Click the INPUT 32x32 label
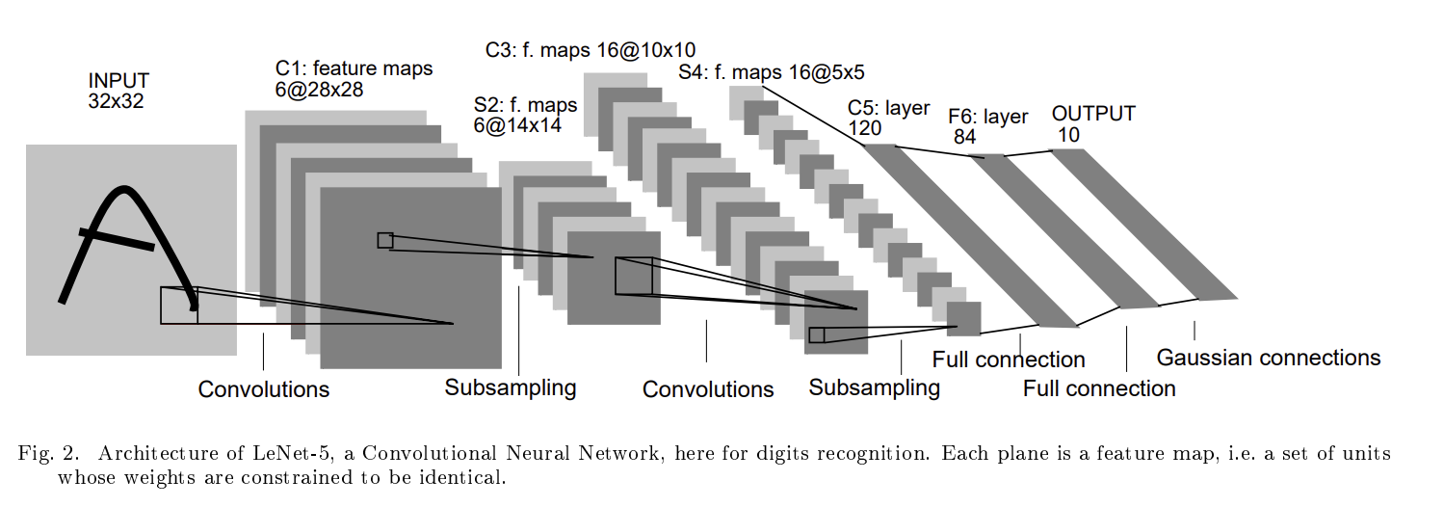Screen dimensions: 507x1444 (118, 90)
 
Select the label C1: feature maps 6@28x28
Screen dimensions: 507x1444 (354, 79)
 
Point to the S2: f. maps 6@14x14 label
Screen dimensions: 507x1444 (525, 116)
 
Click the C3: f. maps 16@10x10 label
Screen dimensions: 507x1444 (591, 49)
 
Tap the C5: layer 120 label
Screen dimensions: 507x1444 (888, 117)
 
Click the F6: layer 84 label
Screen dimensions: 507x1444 (987, 126)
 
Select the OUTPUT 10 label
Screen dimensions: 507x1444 (1092, 124)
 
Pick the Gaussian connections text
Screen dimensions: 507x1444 (1268, 358)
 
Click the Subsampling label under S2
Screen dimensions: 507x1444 (511, 387)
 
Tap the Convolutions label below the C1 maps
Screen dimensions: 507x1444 (263, 389)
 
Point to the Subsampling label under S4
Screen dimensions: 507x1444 (874, 387)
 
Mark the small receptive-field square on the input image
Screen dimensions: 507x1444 (178, 305)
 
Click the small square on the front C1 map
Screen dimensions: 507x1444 (385, 240)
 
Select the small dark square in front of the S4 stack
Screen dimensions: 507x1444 (963, 318)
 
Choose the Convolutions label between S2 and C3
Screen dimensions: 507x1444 (708, 389)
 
